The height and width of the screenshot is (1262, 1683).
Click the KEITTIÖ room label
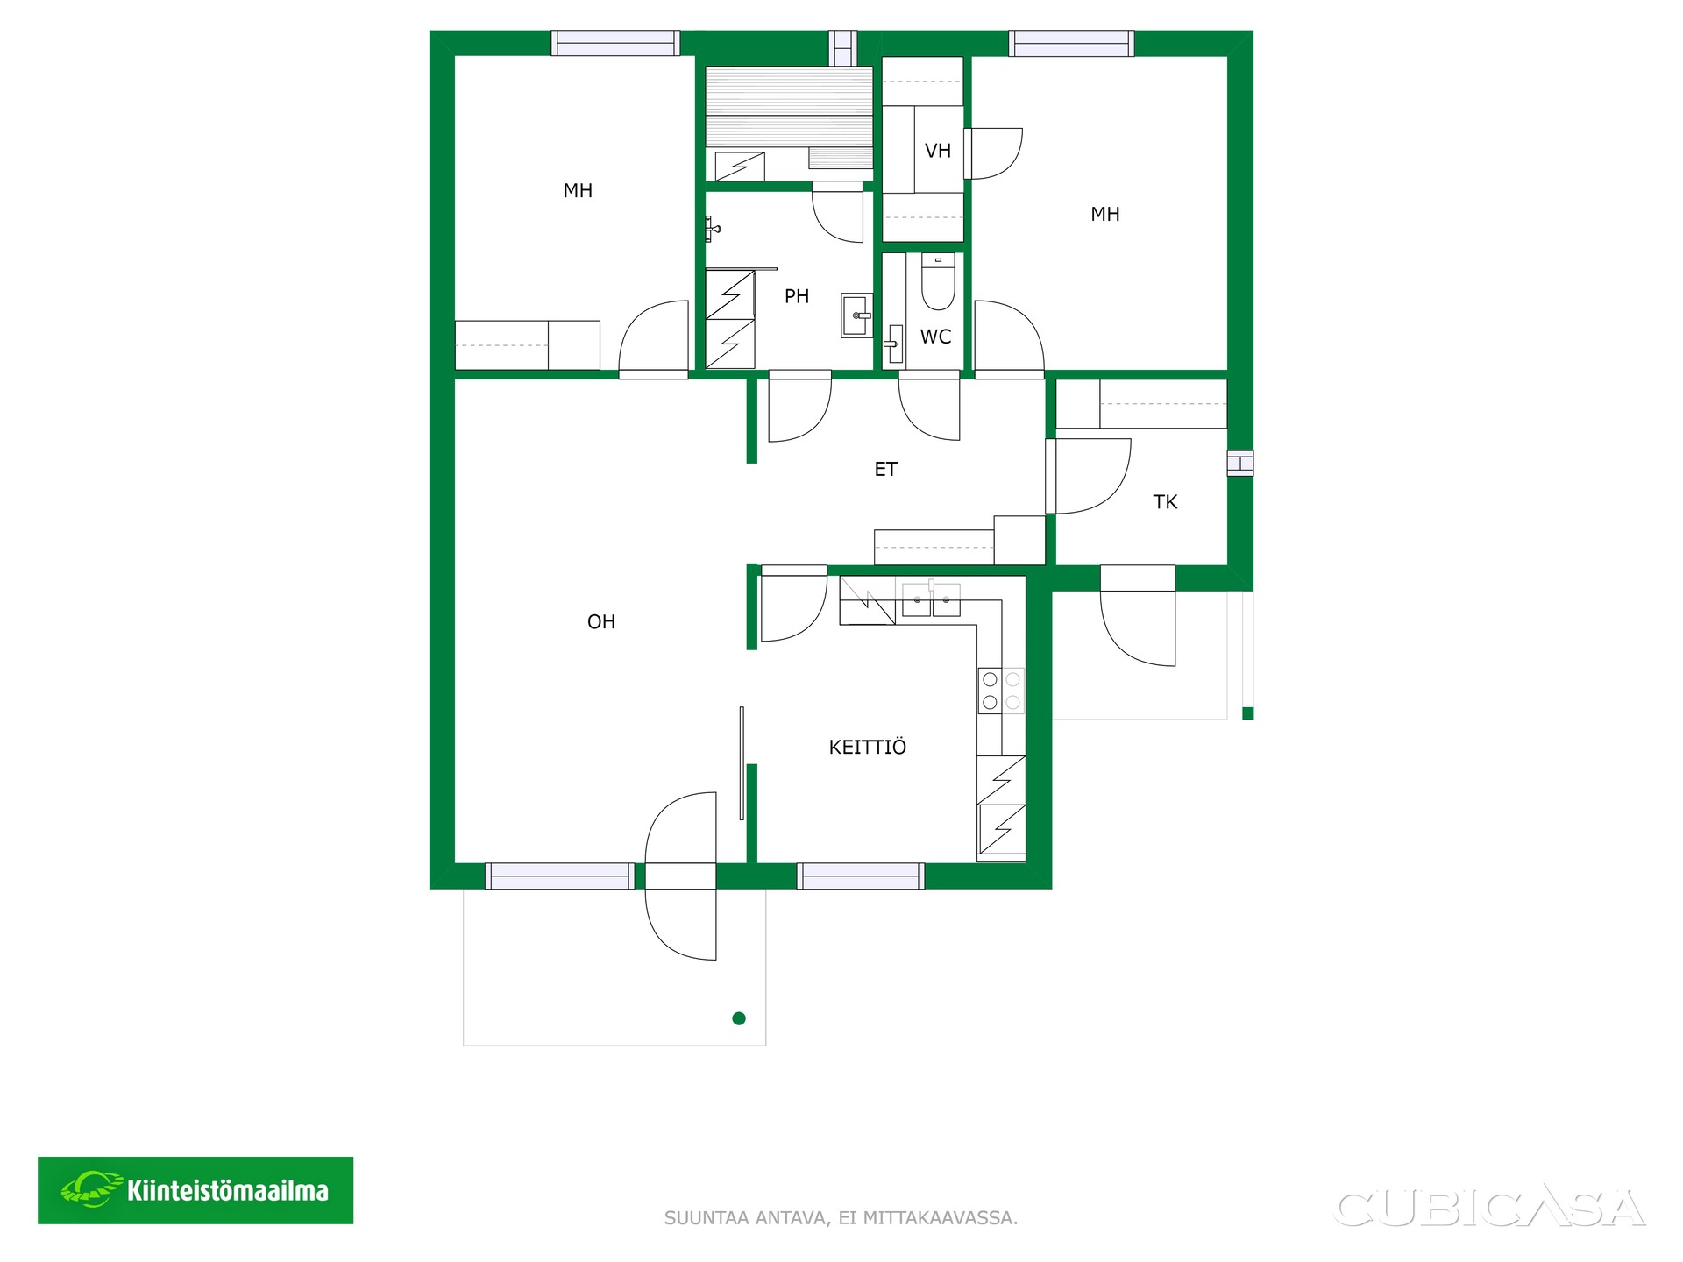(868, 747)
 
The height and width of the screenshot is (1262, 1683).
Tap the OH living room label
(601, 622)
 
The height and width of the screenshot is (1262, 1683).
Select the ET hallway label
(885, 470)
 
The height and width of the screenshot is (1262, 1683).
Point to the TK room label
(1165, 502)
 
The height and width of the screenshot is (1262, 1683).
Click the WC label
(935, 337)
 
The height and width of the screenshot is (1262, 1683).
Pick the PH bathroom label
(797, 296)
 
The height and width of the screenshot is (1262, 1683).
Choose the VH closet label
(938, 151)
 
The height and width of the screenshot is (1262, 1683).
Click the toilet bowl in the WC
(938, 281)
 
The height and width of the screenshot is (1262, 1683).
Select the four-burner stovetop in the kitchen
(1001, 691)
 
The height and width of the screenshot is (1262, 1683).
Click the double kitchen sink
(931, 599)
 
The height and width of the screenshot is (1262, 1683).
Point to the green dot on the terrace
(739, 1018)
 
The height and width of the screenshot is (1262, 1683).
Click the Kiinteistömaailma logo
(195, 1190)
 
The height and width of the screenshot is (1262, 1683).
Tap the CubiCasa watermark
(1489, 1209)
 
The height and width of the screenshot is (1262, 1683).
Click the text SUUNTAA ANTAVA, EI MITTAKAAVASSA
(841, 1218)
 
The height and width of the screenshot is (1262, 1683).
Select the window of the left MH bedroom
(615, 43)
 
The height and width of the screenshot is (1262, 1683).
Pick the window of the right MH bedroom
(1071, 43)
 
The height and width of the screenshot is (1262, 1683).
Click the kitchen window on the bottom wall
(861, 876)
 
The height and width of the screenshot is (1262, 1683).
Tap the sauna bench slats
(789, 107)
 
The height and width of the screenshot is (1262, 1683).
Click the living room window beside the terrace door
(559, 876)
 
